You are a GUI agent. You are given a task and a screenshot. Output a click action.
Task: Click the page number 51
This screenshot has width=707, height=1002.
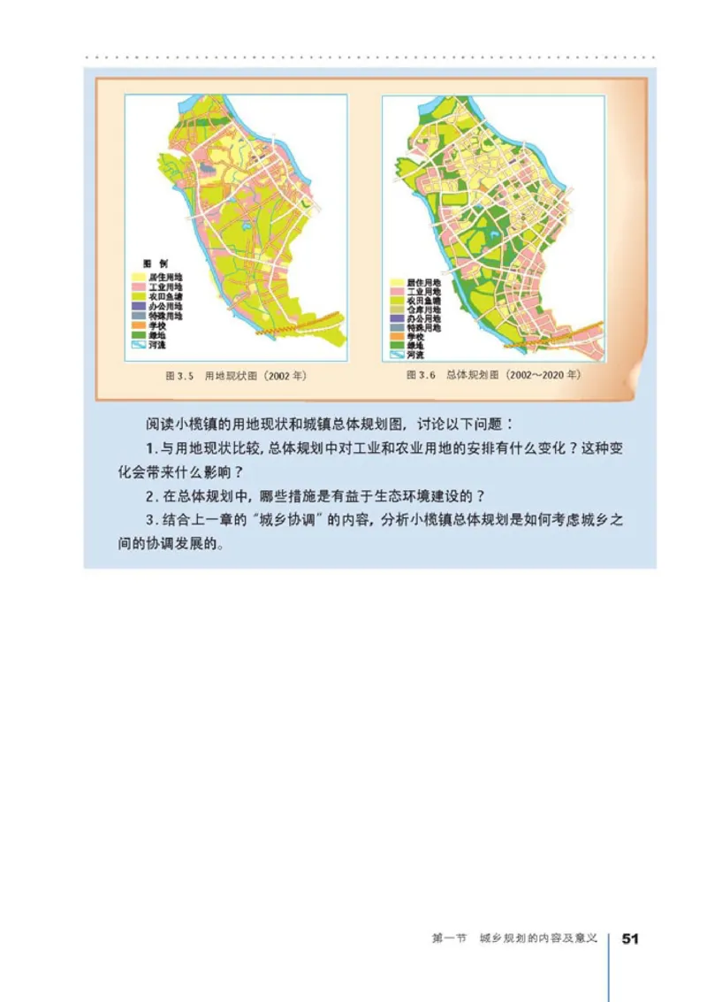pos(630,937)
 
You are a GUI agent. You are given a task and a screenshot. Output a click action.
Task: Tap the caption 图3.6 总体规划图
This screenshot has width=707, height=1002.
pos(493,375)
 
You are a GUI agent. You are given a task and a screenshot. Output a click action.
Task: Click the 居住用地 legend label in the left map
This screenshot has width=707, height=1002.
pos(166,277)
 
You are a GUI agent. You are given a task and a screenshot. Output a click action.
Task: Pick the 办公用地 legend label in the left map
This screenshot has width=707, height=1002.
pos(166,306)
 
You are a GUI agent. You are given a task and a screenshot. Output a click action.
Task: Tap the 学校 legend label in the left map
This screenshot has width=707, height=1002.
pos(160,325)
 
